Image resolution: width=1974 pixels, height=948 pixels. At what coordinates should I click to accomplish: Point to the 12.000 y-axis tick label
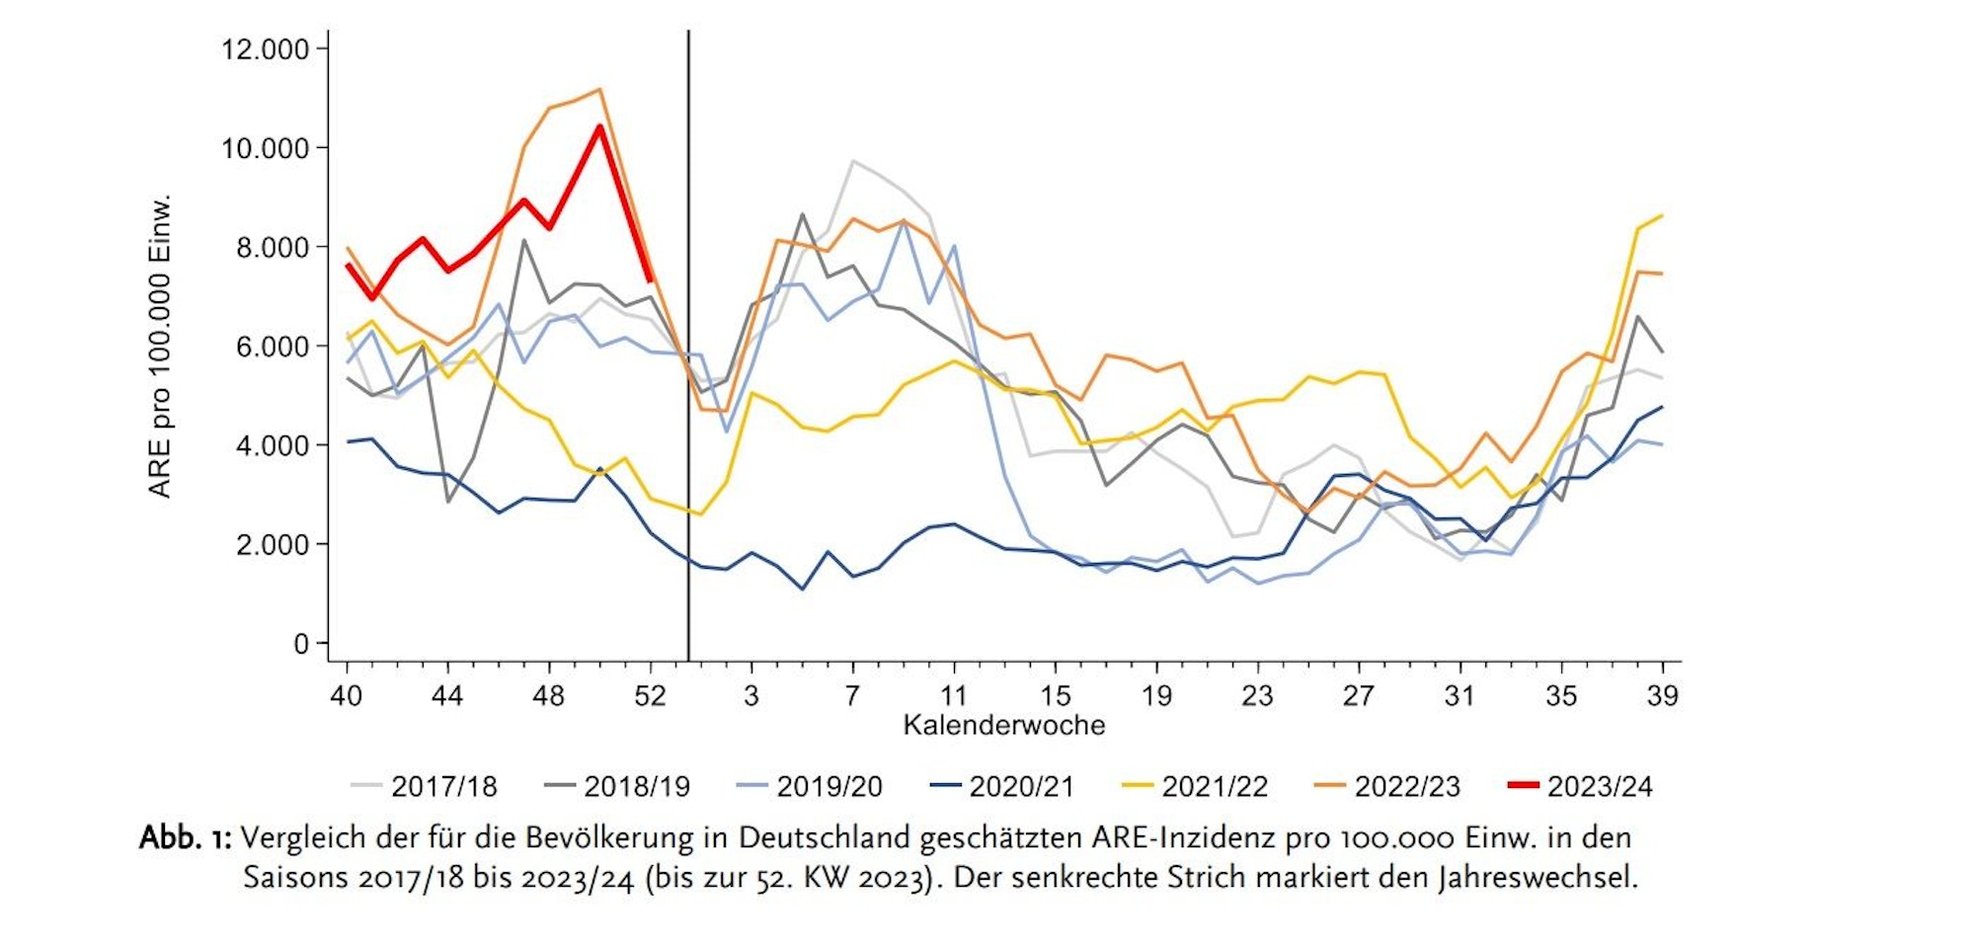coord(265,49)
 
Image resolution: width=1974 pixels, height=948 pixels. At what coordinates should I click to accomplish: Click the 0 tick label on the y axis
coord(301,645)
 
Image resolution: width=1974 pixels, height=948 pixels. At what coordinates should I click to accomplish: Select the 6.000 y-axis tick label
coord(272,347)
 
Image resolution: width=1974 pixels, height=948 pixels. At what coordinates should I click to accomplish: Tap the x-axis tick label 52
coord(650,696)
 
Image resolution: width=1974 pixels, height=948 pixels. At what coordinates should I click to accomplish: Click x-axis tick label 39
coord(1662,696)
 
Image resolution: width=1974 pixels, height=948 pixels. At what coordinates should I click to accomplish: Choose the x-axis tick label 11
coord(953,696)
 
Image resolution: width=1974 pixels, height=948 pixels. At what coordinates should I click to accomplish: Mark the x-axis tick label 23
coord(1257,696)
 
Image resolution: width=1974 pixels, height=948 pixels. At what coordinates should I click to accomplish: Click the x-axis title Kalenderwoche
coord(1003,726)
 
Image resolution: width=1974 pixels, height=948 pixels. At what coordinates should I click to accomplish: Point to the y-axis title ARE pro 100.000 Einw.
coord(160,346)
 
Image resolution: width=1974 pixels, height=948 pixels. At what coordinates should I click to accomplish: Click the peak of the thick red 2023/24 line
coord(599,126)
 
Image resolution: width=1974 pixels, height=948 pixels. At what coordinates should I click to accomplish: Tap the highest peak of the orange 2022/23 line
coord(599,90)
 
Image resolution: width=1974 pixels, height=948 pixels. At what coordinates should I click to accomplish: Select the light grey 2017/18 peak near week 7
coord(852,161)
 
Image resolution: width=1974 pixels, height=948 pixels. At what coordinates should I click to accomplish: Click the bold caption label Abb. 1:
coord(185,838)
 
